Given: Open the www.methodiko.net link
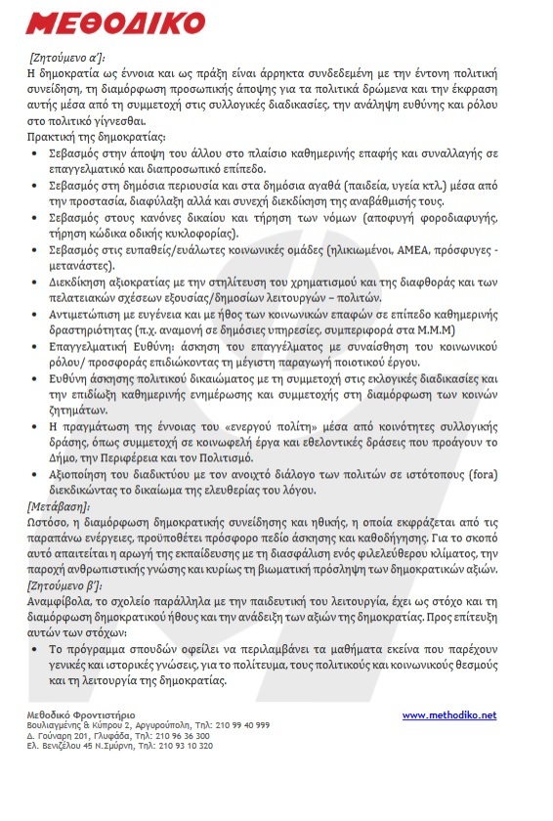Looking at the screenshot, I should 448,715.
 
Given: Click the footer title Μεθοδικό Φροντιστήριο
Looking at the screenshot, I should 81,715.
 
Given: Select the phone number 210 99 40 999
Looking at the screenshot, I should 239,726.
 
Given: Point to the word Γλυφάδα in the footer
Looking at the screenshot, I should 140,736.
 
